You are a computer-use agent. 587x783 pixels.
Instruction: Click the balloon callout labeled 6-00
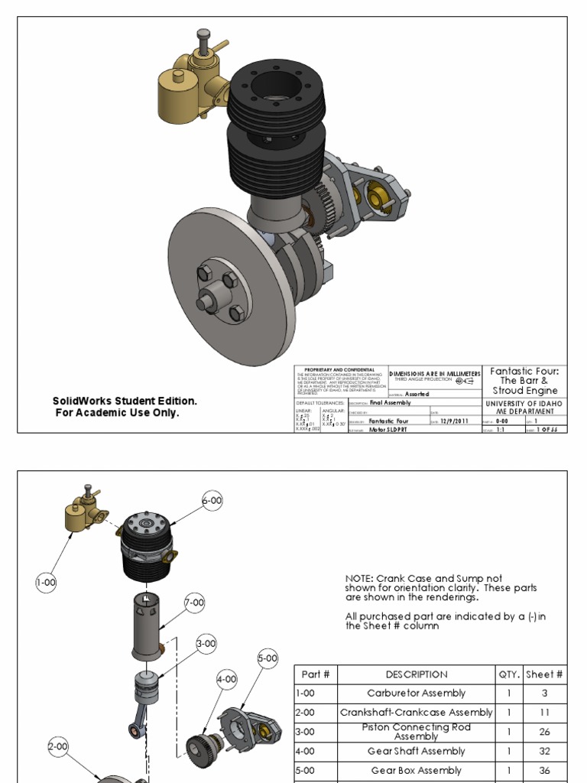[212, 501]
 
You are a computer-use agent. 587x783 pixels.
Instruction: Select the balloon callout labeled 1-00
[47, 583]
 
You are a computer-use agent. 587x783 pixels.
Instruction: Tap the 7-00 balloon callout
[195, 603]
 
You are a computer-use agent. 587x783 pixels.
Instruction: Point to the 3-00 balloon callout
[206, 645]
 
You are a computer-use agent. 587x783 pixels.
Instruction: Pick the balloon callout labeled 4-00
[227, 679]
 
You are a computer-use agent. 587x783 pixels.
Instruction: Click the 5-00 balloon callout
[268, 658]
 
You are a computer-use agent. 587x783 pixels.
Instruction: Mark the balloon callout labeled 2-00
[59, 746]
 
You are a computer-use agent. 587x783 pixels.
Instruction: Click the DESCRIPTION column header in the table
[417, 674]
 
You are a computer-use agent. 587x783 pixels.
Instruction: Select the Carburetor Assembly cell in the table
[417, 694]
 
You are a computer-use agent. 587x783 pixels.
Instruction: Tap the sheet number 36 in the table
[544, 771]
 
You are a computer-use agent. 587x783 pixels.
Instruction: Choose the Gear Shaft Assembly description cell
[417, 752]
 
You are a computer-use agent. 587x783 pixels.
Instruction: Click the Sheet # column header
[544, 674]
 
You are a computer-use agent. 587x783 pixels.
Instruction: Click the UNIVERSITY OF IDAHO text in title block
[524, 404]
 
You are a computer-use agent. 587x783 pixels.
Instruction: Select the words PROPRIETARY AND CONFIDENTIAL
[339, 369]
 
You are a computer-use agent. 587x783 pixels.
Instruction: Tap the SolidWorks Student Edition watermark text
[125, 401]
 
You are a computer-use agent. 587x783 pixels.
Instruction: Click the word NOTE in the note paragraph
[359, 579]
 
